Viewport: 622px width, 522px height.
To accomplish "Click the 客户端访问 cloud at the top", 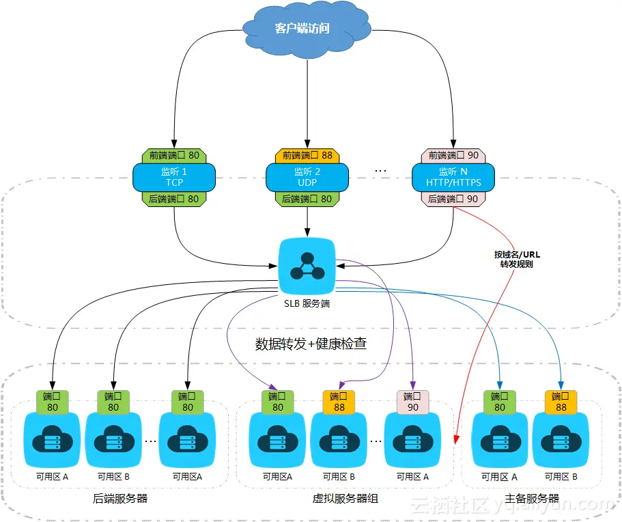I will click(x=302, y=29).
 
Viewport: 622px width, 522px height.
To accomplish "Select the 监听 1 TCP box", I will click(x=174, y=177).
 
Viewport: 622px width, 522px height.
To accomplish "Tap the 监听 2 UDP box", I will click(x=307, y=177).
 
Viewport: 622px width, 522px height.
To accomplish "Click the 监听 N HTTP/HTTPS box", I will click(x=453, y=177).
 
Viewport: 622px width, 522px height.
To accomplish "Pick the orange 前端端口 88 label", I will click(x=307, y=155).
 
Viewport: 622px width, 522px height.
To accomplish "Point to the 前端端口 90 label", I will click(x=453, y=155).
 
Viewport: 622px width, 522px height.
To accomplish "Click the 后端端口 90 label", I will click(x=453, y=199).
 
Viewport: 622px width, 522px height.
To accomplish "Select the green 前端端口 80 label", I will click(x=174, y=155).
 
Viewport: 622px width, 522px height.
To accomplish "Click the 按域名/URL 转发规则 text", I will click(x=517, y=259).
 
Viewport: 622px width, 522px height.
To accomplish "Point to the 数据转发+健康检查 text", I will click(x=311, y=344).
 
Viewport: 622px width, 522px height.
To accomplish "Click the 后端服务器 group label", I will click(x=119, y=498).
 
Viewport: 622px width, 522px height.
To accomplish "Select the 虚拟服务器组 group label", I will click(x=345, y=498).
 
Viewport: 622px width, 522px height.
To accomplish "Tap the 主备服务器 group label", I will click(x=533, y=498).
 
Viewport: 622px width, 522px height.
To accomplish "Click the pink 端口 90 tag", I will click(x=412, y=401).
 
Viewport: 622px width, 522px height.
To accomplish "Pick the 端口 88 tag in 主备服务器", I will click(x=561, y=401).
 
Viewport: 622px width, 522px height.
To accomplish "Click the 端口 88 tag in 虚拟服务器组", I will click(x=339, y=401).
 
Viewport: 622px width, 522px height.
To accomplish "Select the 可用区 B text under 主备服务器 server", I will click(x=561, y=477).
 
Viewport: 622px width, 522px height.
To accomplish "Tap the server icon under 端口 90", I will click(x=412, y=441).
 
